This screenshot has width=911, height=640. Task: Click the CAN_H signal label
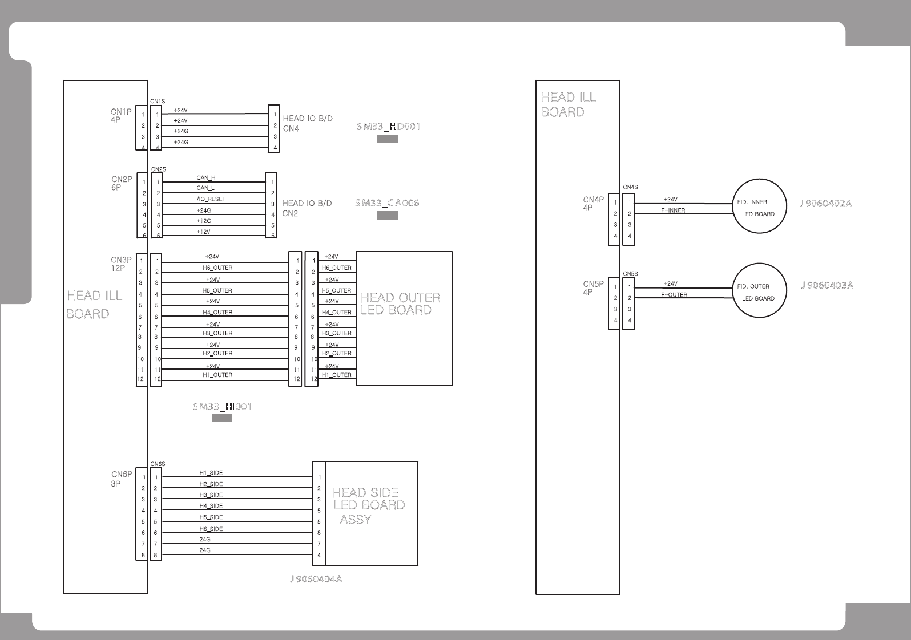point(206,178)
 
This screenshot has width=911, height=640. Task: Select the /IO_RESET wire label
point(211,199)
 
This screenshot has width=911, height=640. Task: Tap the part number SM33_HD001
point(388,127)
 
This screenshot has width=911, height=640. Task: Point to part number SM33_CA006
point(387,203)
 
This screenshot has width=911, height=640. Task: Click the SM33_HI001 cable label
point(222,407)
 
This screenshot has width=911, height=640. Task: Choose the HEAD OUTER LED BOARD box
point(404,318)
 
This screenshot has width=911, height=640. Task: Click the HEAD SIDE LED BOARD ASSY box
point(371,513)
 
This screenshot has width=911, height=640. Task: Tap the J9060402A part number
point(825,203)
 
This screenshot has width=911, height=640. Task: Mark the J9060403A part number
point(827,285)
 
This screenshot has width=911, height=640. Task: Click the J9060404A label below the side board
point(316,580)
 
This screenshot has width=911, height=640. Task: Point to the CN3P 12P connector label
point(121,264)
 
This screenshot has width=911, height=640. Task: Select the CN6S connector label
point(158,464)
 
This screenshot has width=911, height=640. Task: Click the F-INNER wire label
point(673,210)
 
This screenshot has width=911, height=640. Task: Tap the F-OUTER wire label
point(674,295)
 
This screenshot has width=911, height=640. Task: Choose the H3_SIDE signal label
point(211,495)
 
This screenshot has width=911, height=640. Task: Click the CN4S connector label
point(630,187)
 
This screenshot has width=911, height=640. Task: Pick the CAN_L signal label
point(205,188)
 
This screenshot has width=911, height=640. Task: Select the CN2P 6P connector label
point(122,183)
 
